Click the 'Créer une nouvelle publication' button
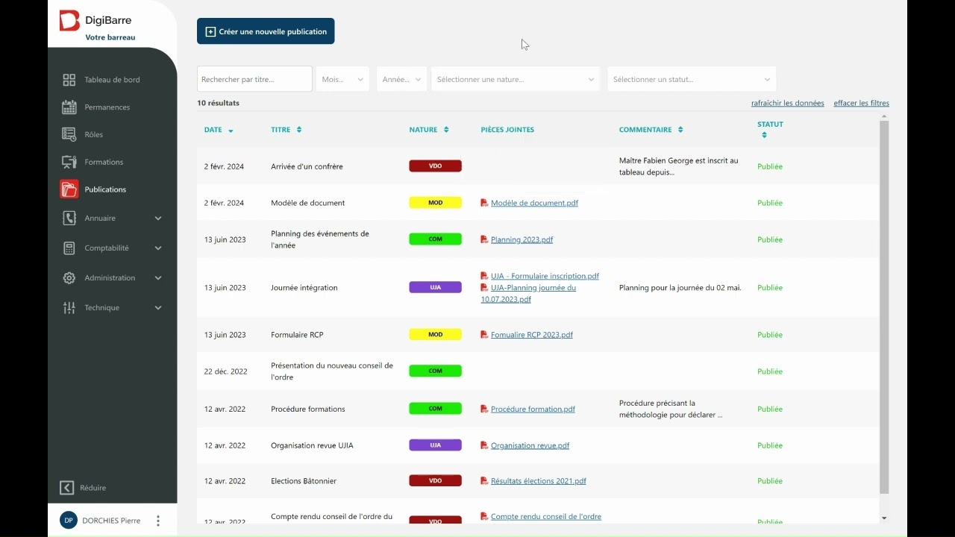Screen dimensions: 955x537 coord(266,31)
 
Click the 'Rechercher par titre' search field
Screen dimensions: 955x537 coord(254,79)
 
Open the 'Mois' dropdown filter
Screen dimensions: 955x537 coord(342,79)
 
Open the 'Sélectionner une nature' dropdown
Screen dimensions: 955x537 coord(515,79)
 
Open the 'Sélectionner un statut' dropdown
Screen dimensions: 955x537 coord(691,79)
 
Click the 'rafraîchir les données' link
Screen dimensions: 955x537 coord(787,103)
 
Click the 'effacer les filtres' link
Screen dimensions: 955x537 coord(861,103)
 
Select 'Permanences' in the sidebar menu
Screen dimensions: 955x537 coord(107,107)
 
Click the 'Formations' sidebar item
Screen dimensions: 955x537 coord(104,162)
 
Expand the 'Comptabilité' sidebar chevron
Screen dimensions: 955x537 coord(158,248)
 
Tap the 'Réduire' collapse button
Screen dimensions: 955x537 coord(83,488)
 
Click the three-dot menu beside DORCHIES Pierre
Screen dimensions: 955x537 coord(158,521)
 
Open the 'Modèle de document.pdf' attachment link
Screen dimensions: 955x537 coord(534,203)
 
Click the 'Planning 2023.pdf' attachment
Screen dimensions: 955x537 coord(522,239)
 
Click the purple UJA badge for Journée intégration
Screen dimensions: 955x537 coord(435,287)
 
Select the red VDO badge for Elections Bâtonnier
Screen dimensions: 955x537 coord(435,480)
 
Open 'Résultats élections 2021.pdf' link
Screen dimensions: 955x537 coord(538,481)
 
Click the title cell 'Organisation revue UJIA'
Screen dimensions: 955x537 coord(312,445)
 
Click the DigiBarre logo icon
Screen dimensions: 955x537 coord(69,20)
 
